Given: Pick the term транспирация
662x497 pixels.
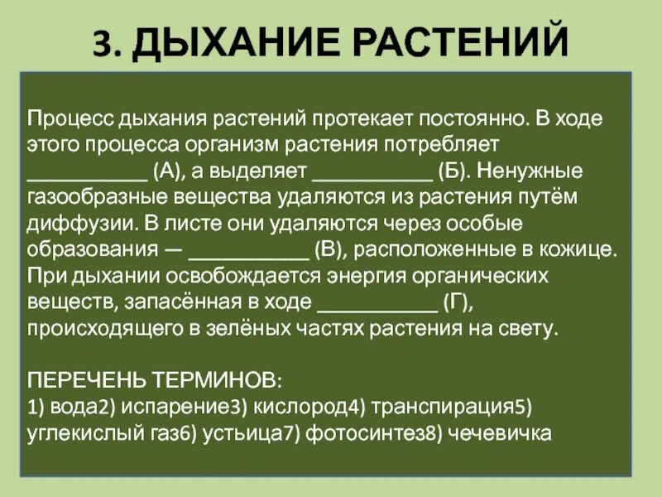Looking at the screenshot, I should [x=439, y=408].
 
